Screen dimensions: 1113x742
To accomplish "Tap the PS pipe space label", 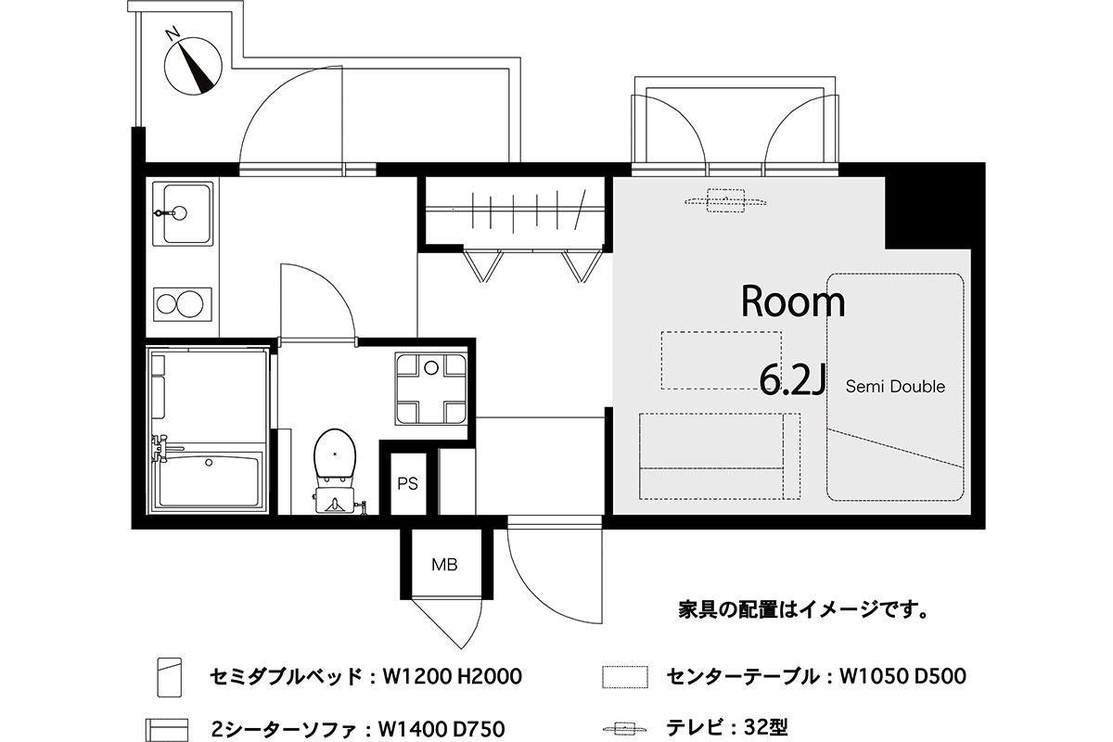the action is pyautogui.click(x=407, y=483).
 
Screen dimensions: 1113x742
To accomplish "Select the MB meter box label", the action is pyautogui.click(x=444, y=565).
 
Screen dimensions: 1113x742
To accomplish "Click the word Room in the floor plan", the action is pyautogui.click(x=793, y=301).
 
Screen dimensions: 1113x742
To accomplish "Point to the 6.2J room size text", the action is pyautogui.click(x=793, y=380).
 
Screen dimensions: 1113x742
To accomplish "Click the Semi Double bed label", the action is pyautogui.click(x=895, y=386).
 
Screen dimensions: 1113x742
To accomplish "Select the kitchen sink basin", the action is pyautogui.click(x=186, y=213).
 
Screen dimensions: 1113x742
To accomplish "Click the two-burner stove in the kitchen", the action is pyautogui.click(x=183, y=304).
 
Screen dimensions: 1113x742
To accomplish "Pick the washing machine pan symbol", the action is pyautogui.click(x=431, y=390).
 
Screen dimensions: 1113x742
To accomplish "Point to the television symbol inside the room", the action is pyautogui.click(x=725, y=200).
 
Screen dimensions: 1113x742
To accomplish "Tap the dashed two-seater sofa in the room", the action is pyautogui.click(x=720, y=455).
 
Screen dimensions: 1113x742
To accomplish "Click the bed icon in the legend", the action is pyautogui.click(x=170, y=677).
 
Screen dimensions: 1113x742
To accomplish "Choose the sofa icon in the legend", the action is pyautogui.click(x=167, y=730).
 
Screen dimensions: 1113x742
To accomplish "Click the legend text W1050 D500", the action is pyautogui.click(x=902, y=676).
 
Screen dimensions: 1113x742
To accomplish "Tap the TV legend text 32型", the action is pyautogui.click(x=766, y=727).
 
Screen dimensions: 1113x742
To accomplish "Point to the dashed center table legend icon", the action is pyautogui.click(x=625, y=677).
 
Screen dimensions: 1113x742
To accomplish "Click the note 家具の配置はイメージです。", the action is pyautogui.click(x=803, y=609).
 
